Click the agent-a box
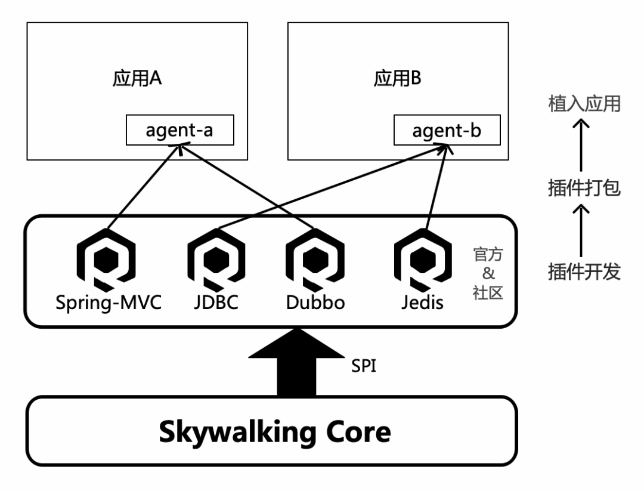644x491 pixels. [x=179, y=130]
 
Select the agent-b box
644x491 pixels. [x=447, y=130]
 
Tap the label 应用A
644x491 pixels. [x=137, y=80]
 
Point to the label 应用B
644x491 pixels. [x=398, y=80]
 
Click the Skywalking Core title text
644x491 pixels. [x=275, y=432]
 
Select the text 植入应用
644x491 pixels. [x=584, y=104]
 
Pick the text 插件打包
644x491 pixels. [x=584, y=189]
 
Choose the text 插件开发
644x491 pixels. [x=584, y=272]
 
